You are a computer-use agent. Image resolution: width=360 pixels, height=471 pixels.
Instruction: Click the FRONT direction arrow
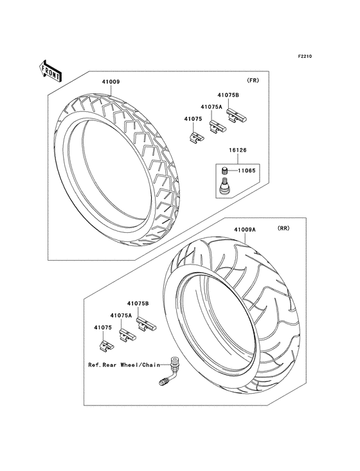[50, 71]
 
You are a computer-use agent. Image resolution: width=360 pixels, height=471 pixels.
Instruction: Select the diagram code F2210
[305, 56]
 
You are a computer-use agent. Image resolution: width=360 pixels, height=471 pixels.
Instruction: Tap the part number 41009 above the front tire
[111, 82]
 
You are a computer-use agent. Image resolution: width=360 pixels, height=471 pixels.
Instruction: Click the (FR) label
[253, 80]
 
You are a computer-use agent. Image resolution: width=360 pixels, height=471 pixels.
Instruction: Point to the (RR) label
[283, 228]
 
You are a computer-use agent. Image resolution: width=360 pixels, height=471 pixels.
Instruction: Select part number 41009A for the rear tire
[245, 230]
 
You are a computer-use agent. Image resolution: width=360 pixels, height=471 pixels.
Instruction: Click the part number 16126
[238, 150]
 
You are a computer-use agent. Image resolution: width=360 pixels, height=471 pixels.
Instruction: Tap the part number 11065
[247, 171]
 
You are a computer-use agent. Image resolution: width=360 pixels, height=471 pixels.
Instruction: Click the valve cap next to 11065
[224, 171]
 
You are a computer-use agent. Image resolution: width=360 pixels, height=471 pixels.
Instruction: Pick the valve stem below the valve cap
[224, 187]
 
